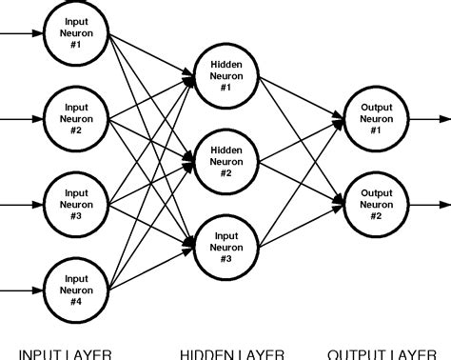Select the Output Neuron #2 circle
point(370,202)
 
